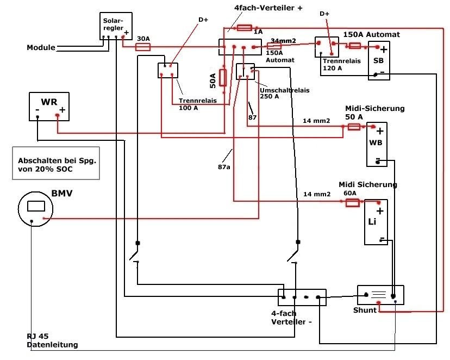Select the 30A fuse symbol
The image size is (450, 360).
pos(142,47)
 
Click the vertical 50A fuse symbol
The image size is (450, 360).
pos(223,78)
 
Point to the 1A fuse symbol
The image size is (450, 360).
pos(245,28)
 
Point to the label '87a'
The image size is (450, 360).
pos(224,167)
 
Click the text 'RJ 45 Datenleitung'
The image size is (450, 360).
pos(52,340)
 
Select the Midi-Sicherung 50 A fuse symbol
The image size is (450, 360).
pos(354,127)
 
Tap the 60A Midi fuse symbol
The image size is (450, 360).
pos(352,203)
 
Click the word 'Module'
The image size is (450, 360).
pos(41,47)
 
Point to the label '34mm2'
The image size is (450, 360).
pos(283,41)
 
